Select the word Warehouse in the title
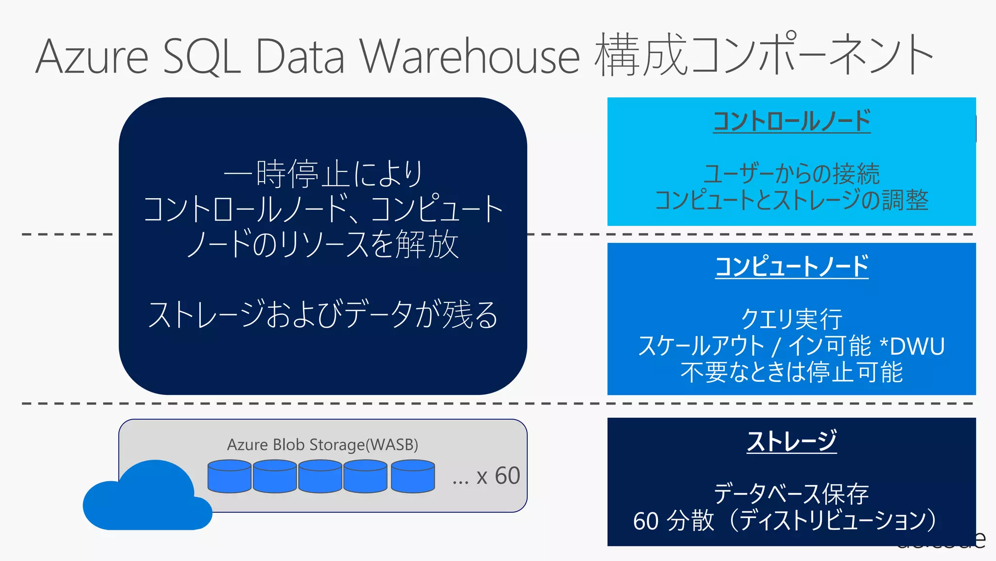(x=469, y=57)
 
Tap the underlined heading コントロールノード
(x=791, y=121)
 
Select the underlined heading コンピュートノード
(x=791, y=267)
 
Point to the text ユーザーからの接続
(x=791, y=174)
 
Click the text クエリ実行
(x=791, y=319)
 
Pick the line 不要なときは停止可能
(x=791, y=373)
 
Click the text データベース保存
(x=791, y=494)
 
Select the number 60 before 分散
(x=646, y=521)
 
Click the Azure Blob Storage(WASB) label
(x=322, y=445)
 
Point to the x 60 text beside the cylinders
(x=498, y=476)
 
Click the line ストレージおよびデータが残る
(x=322, y=315)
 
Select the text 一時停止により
(x=322, y=174)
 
